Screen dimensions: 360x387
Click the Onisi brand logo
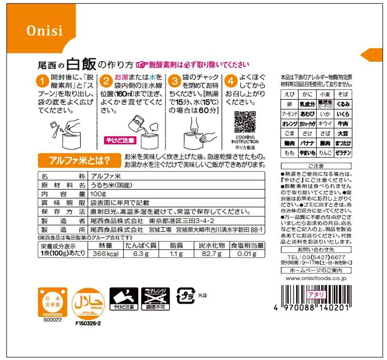[45, 31]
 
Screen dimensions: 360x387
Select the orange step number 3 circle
[175, 81]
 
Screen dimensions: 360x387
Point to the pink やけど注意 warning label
[120, 140]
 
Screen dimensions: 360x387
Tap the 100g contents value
[97, 194]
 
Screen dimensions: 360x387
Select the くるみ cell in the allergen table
[343, 104]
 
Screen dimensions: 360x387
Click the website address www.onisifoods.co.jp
[316, 278]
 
